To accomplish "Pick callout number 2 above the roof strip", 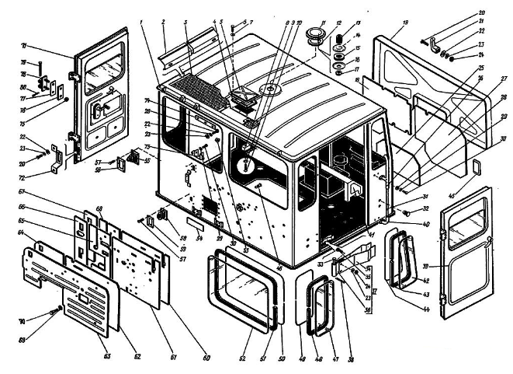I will [x=164, y=23].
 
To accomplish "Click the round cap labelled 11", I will [x=314, y=37].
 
